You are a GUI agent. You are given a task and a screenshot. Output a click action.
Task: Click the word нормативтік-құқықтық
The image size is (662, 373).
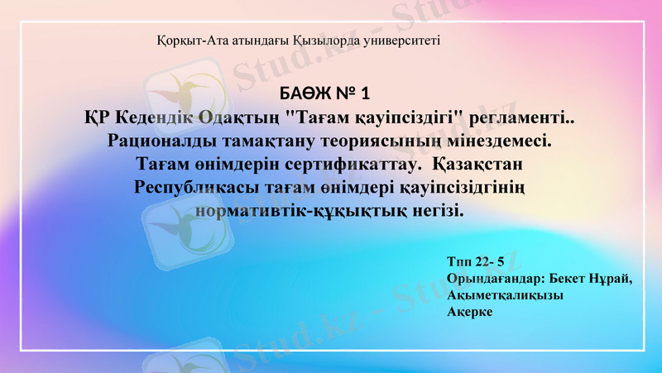point(302,211)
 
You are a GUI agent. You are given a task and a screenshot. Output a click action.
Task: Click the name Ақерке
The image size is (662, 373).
point(469,312)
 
